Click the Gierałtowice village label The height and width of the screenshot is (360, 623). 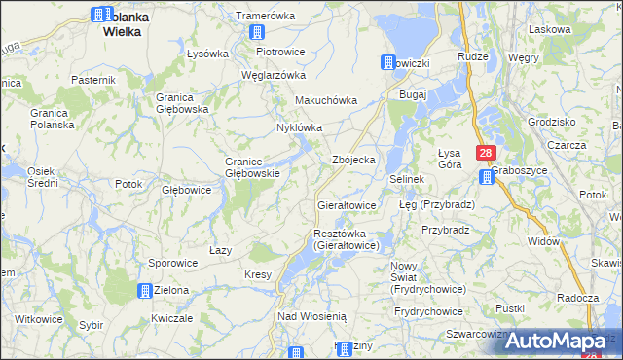coord(347,206)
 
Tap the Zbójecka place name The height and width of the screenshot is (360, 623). coord(353,160)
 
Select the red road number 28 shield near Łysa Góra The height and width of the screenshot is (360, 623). coord(487,153)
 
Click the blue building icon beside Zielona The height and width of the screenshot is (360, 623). coord(145,290)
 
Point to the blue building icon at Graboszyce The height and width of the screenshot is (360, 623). coord(487,176)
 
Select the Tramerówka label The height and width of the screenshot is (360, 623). coord(265,17)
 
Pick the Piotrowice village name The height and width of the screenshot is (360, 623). coord(280,52)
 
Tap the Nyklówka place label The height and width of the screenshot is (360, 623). coord(299,127)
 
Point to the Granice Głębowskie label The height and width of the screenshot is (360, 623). coord(253,167)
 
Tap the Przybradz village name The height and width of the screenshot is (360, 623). coord(446,230)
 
